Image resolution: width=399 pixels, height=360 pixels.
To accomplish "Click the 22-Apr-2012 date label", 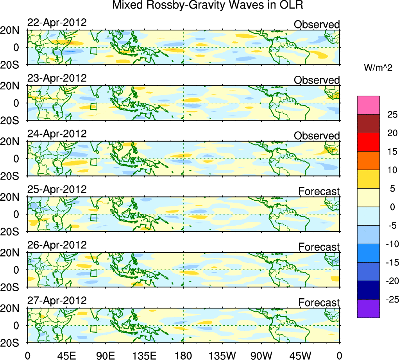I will click(57, 22).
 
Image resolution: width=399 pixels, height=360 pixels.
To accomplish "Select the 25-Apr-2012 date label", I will click(57, 189).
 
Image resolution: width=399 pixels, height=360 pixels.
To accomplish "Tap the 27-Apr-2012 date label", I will click(57, 301).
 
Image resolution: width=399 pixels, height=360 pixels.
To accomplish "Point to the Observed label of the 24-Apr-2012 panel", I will click(317, 135).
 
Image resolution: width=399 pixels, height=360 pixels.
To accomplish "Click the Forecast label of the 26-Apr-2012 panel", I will click(319, 247).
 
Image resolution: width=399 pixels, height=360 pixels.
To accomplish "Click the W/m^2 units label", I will click(378, 68).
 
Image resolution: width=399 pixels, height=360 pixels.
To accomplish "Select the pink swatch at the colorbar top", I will click(368, 105).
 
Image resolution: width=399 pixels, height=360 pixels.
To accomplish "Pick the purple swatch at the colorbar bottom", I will click(368, 308).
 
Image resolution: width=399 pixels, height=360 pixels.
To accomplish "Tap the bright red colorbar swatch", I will click(368, 142).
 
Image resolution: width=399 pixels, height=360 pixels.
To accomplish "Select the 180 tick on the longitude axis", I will click(184, 355).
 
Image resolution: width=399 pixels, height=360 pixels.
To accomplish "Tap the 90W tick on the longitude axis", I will click(261, 355).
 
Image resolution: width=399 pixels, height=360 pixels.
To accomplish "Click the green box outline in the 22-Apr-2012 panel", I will click(93, 51).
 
